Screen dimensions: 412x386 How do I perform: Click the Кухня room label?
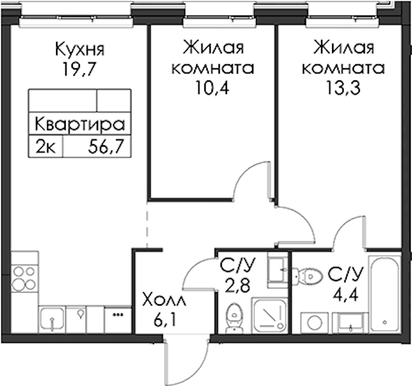pos(79,50)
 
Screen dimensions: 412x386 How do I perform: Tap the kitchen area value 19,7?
pos(78,69)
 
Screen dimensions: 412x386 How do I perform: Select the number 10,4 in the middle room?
pos(212,87)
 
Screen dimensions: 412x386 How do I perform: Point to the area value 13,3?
pos(343,87)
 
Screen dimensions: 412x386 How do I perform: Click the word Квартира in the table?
pos(79,124)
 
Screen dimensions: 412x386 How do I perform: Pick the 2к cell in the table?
pos(46,147)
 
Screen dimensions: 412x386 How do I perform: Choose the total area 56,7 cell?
pos(106,147)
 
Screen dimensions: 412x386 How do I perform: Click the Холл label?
pos(164,300)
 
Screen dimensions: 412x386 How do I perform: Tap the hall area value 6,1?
pos(165,320)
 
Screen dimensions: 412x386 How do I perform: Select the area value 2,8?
pos(237,286)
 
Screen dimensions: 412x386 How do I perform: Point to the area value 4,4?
pos(345,295)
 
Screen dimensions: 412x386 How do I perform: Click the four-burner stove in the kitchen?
pos(24,278)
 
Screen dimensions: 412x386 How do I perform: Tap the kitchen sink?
pos(52,318)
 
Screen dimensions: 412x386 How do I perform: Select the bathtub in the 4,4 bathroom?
pos(385,295)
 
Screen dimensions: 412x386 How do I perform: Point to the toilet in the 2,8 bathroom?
pos(233,318)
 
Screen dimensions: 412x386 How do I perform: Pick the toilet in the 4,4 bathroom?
pos(308,276)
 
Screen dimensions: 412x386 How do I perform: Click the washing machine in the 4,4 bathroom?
pos(314,323)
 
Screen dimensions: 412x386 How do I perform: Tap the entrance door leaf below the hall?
pos(166,362)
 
